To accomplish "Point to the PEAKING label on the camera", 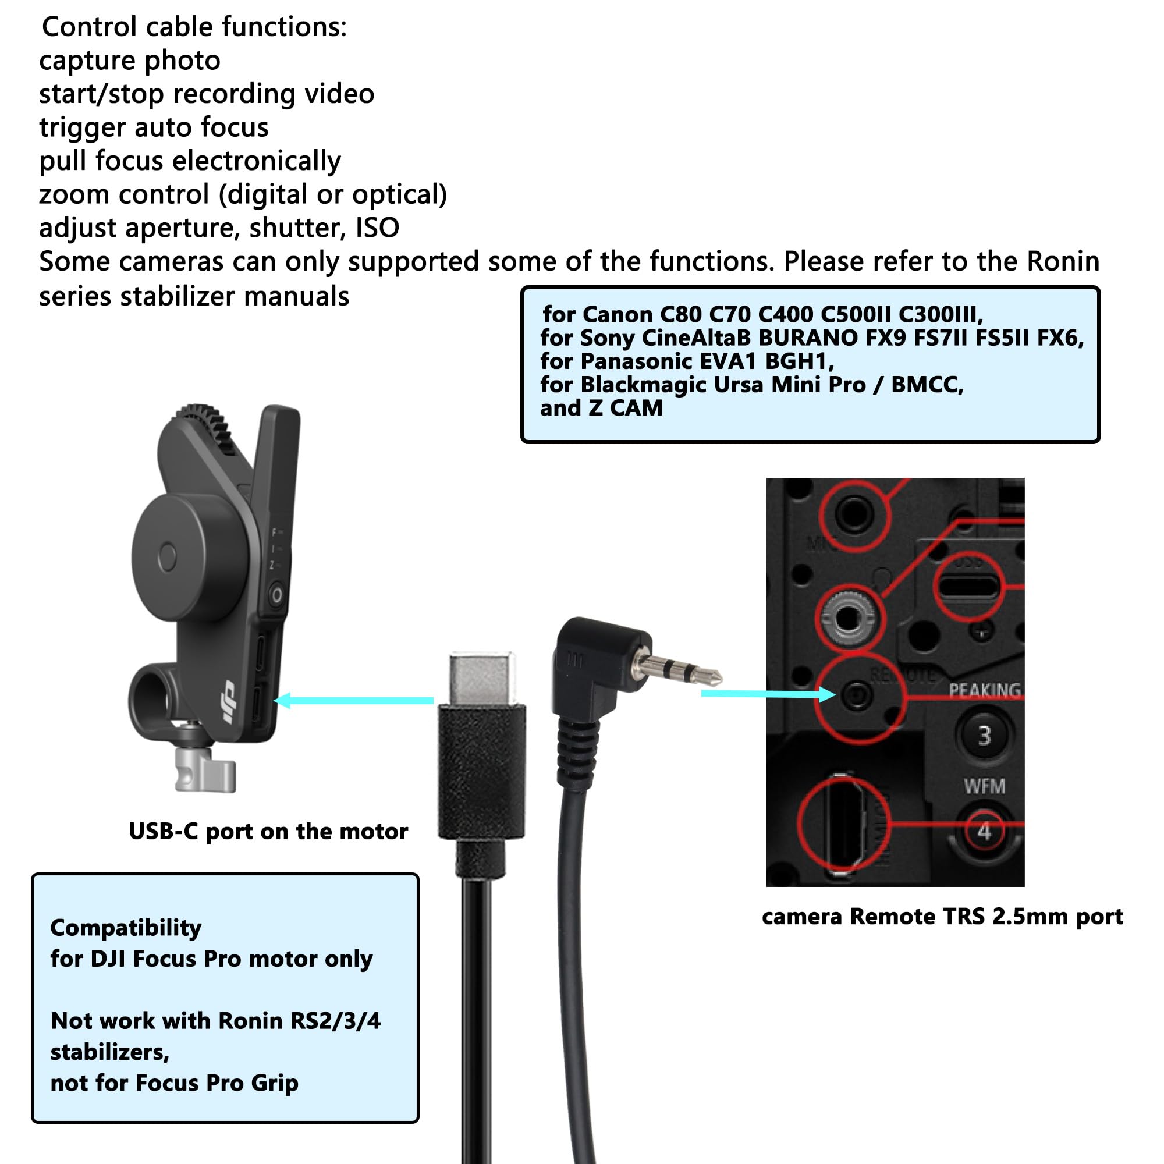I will pyautogui.click(x=985, y=690).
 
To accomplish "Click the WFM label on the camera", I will pyautogui.click(x=985, y=786).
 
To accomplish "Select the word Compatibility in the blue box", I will pyautogui.click(x=125, y=928).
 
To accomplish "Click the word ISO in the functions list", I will pyautogui.click(x=377, y=228).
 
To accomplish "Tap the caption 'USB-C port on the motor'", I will pyautogui.click(x=268, y=832).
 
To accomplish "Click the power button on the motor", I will pyautogui.click(x=276, y=596).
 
